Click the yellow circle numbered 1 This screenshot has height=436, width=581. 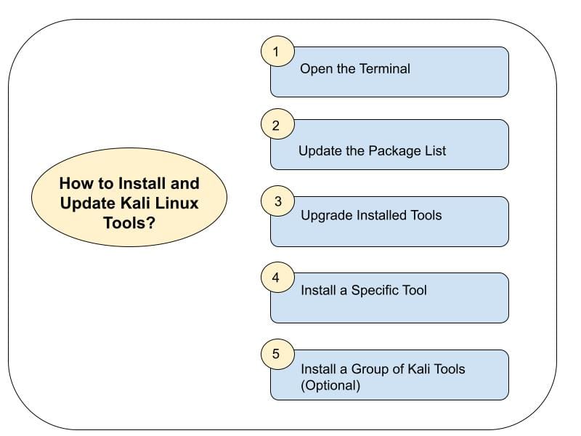tap(277, 52)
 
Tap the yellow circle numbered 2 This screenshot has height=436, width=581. tap(277, 125)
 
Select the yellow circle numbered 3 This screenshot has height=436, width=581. tap(277, 201)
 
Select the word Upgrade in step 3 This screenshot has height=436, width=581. tap(324, 215)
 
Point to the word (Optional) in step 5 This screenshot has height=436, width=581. tap(330, 385)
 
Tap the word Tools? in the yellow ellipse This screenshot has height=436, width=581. tap(129, 222)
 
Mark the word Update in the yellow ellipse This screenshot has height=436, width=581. tap(85, 203)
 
